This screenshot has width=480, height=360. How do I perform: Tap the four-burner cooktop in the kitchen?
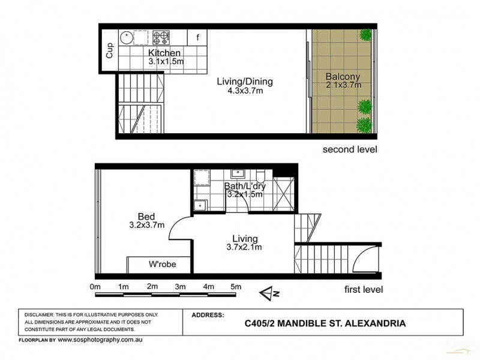click(160, 38)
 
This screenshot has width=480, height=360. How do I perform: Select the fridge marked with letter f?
click(197, 38)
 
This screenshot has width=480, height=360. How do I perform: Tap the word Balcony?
click(343, 76)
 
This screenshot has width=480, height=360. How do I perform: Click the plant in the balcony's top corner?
click(364, 36)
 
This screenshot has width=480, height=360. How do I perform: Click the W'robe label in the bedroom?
click(162, 264)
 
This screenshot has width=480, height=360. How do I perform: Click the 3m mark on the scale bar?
click(180, 287)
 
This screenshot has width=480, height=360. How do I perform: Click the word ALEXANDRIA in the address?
click(373, 323)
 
